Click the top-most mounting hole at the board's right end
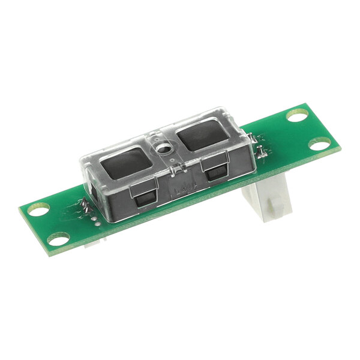pyautogui.click(x=296, y=114)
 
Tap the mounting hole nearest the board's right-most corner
pyautogui.click(x=320, y=143)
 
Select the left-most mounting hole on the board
pyautogui.click(x=38, y=209)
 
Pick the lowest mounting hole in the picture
pyautogui.click(x=58, y=239)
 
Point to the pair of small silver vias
pyautogui.click(x=96, y=221)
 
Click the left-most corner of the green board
pyautogui.click(x=19, y=209)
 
